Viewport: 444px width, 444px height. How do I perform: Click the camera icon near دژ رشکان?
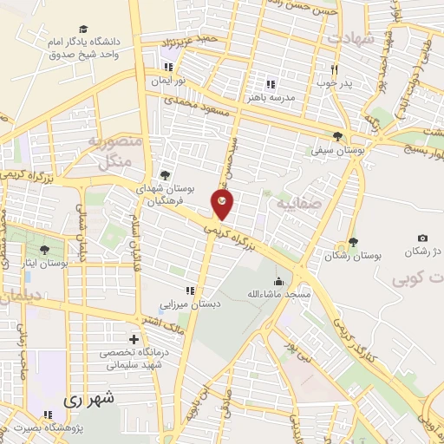pyautogui.click(x=422, y=238)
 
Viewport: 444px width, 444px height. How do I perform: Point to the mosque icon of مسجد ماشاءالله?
pyautogui.click(x=278, y=280)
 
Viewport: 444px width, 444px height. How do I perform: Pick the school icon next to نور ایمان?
pyautogui.click(x=169, y=66)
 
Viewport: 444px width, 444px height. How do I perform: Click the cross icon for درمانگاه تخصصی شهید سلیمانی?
pyautogui.click(x=133, y=339)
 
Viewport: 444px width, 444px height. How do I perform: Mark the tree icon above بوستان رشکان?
pyautogui.click(x=353, y=242)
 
